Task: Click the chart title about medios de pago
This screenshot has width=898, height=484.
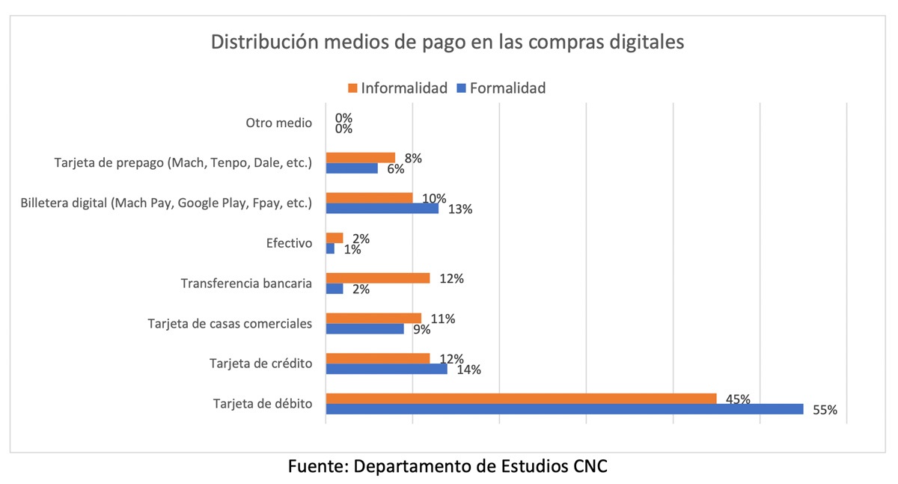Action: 448,43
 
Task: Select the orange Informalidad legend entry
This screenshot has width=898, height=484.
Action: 397,88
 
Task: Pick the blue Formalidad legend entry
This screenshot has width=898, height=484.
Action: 501,88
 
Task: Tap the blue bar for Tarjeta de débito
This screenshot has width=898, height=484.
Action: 564,409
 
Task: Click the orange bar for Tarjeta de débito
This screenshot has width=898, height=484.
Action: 521,398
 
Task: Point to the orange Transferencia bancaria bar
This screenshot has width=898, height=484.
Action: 378,278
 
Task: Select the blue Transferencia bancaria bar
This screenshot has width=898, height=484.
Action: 335,289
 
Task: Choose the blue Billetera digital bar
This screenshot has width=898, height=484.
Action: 382,208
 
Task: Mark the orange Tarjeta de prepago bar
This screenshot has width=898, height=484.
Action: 361,158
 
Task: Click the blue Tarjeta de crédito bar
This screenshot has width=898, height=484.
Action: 386,369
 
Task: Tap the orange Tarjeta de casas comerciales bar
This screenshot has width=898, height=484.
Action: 373,318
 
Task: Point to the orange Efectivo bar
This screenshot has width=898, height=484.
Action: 335,238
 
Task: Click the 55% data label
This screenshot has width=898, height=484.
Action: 825,410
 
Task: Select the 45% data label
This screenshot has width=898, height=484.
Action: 738,399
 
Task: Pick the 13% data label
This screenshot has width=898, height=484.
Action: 460,209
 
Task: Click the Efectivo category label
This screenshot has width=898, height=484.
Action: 289,243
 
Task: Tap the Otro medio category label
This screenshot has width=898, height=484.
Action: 278,123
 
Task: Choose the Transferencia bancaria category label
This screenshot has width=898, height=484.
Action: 246,284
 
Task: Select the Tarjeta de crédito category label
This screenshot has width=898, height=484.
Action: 260,364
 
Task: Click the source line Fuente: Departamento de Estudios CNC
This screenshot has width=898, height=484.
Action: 448,466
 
